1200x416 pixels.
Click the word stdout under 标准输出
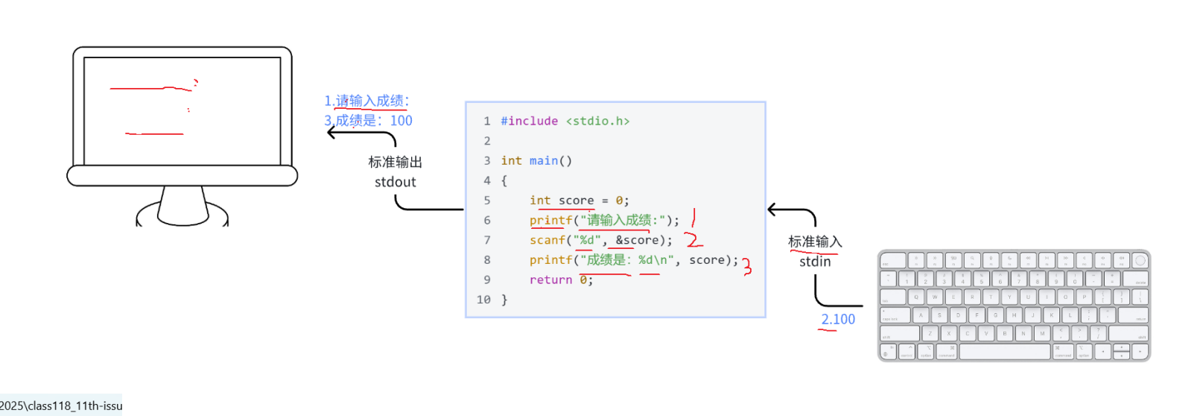(395, 182)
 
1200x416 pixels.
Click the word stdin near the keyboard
(815, 262)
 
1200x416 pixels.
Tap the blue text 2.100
(838, 319)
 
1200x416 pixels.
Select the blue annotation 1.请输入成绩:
(366, 101)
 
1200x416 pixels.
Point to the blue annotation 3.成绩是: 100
(368, 121)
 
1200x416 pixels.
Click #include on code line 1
(529, 121)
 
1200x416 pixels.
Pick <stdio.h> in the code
(597, 121)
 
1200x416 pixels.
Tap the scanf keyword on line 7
(547, 240)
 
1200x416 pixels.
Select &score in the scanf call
(637, 240)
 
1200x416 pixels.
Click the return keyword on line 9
(550, 280)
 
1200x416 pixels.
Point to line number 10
(483, 300)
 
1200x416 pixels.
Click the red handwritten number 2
(693, 239)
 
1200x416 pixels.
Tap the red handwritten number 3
(746, 266)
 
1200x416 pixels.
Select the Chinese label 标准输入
(815, 242)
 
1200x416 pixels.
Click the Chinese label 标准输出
(395, 162)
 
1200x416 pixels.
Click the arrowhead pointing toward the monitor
(331, 133)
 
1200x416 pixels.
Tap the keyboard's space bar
(1005, 352)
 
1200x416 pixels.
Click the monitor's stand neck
(182, 203)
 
